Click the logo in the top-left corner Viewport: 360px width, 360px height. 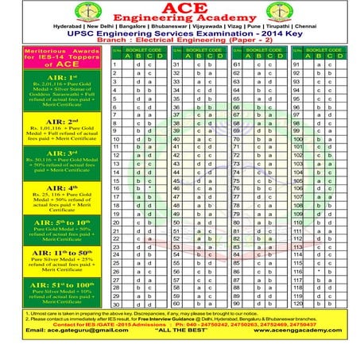tap(33, 22)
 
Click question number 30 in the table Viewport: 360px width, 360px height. tap(115, 304)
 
